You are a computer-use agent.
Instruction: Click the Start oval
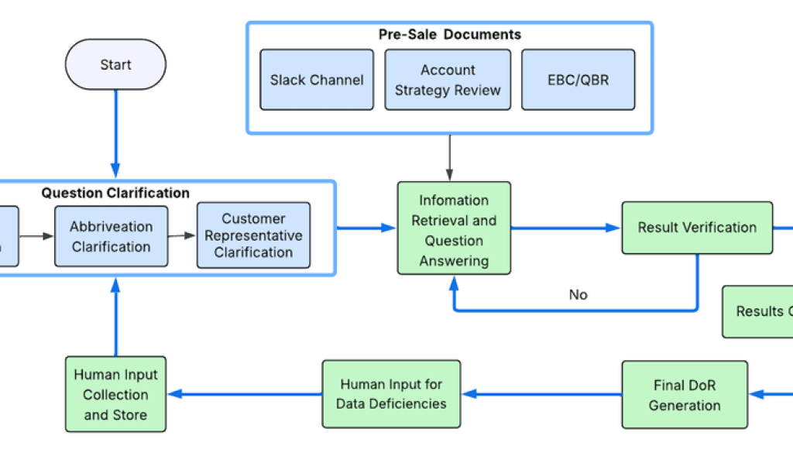coord(115,65)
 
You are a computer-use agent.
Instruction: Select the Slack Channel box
coord(316,80)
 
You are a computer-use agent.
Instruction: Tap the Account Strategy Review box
coord(448,80)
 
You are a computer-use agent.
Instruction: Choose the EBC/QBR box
coord(578,80)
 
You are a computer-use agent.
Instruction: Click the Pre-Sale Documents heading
coord(449,35)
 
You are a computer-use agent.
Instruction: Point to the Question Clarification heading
coord(115,194)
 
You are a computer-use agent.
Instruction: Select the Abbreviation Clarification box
coord(111,237)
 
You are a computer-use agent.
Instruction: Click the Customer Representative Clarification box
coord(253,235)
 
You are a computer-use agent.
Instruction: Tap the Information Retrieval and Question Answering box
coord(454,229)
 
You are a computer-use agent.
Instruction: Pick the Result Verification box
coord(697,228)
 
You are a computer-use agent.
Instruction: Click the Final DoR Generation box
coord(685,395)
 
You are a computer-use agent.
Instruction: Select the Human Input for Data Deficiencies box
coord(391,394)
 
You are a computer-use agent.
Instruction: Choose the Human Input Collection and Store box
coord(115,394)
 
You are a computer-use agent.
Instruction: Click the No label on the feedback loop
coord(578,295)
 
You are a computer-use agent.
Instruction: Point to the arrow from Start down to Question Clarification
coord(115,132)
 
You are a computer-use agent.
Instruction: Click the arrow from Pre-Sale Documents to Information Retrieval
coord(449,157)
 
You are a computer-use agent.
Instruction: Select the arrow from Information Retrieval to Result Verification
coord(565,228)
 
